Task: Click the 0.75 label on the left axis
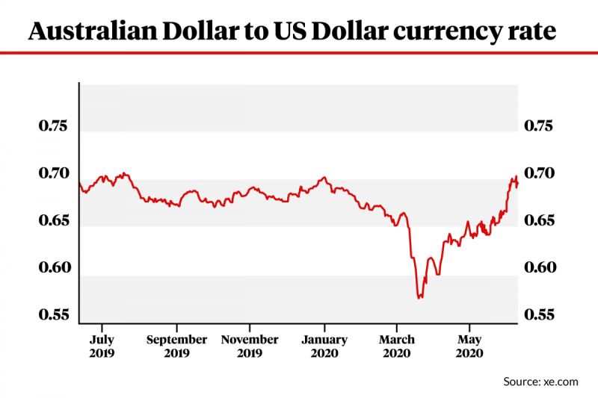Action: [x=52, y=125]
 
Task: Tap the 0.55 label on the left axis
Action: [x=52, y=315]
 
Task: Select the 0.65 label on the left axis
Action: [x=52, y=221]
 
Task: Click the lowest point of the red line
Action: [x=419, y=298]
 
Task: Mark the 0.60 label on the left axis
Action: [x=52, y=268]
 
